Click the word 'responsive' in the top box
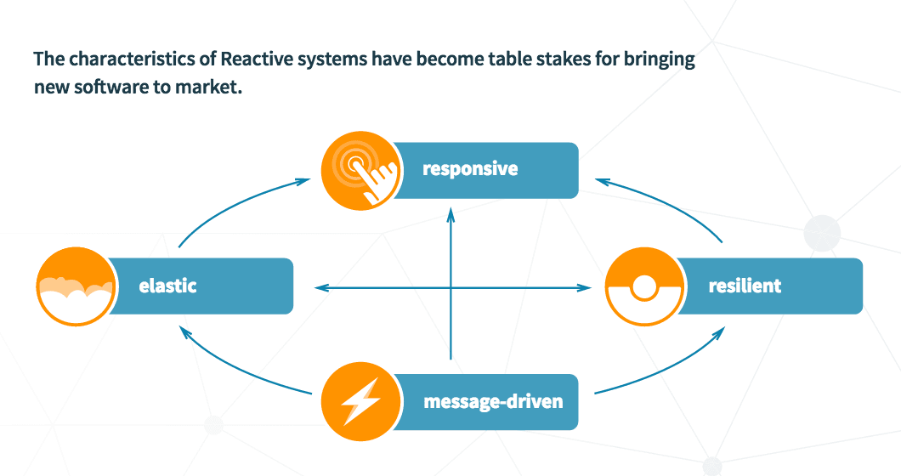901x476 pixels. tap(470, 169)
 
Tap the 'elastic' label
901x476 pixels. tap(167, 286)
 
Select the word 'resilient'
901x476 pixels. tap(745, 286)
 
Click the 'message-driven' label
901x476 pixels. tap(493, 401)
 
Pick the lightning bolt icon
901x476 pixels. tap(361, 401)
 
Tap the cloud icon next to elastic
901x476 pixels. tap(76, 286)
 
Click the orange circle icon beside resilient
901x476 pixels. tap(644, 286)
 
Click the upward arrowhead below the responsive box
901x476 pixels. tap(451, 215)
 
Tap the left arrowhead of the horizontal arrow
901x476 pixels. tap(322, 287)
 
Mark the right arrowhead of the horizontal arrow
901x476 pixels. tap(584, 287)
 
